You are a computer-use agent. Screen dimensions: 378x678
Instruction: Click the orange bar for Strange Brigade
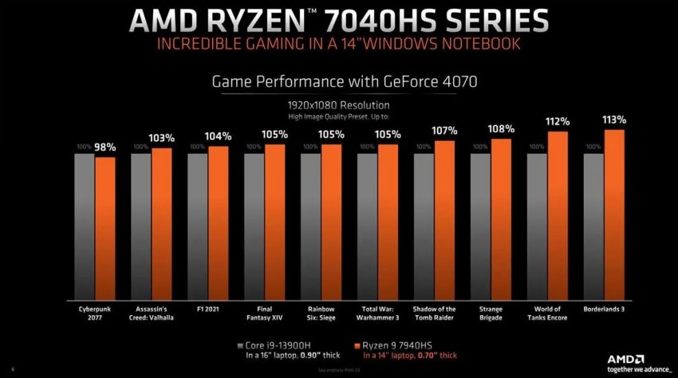(x=501, y=219)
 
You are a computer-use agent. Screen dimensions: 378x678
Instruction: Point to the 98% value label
(x=106, y=147)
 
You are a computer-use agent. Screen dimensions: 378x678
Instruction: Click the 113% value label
(x=614, y=120)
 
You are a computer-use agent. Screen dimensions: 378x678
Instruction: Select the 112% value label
(x=558, y=122)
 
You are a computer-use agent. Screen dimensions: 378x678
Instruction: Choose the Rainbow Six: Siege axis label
(x=321, y=313)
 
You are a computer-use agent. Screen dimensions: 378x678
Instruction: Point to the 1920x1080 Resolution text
(x=339, y=104)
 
